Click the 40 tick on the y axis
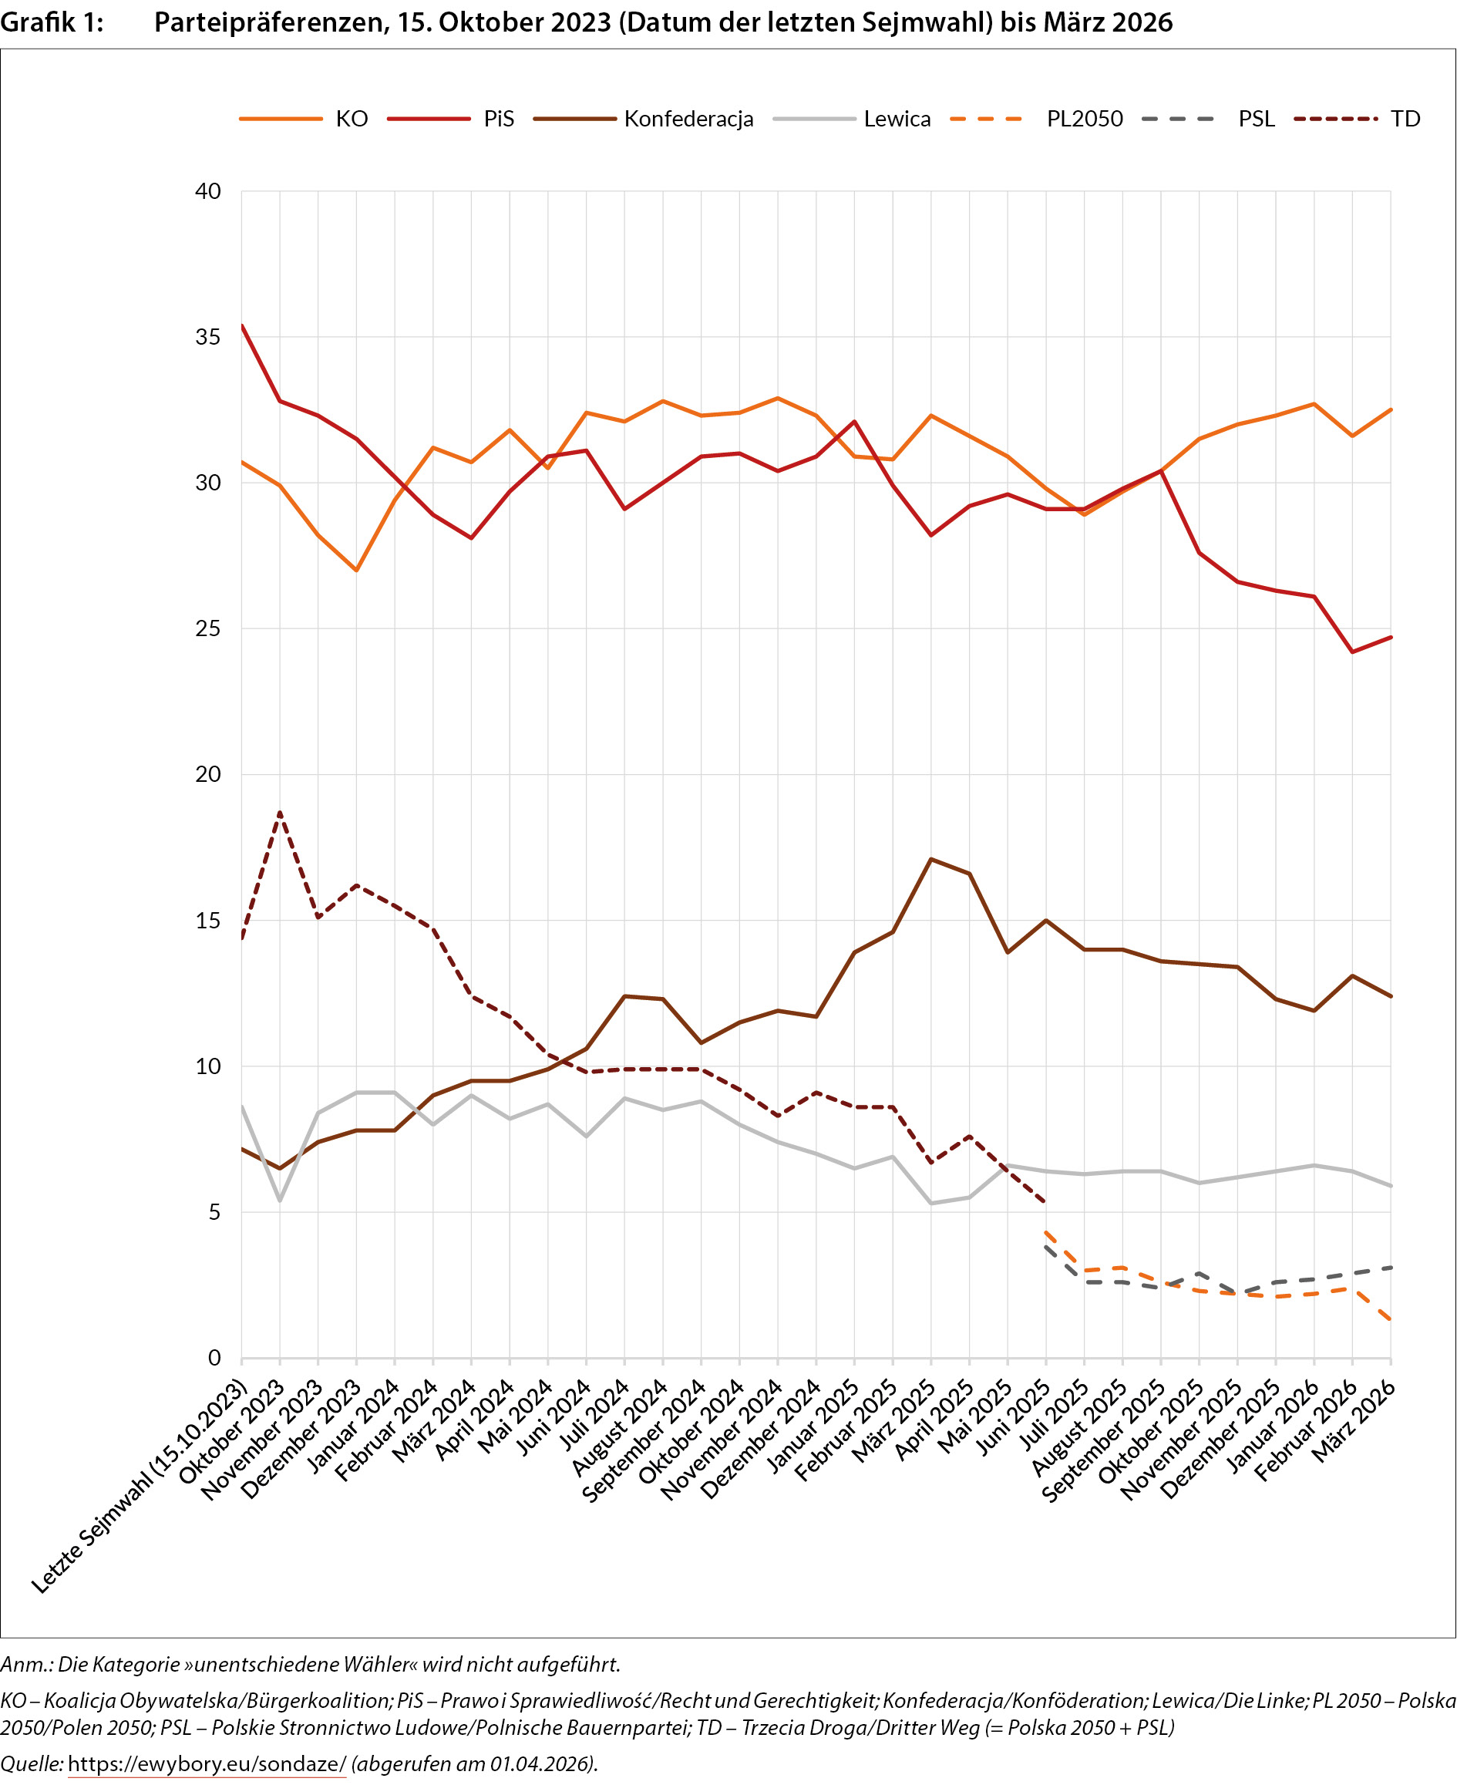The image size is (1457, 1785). pos(208,191)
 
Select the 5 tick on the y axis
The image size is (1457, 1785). pos(215,1212)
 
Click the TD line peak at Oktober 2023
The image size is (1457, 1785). pos(280,812)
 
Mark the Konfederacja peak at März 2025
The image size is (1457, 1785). pos(930,859)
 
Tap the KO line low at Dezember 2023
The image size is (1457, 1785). pos(357,571)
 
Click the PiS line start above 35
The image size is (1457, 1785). pos(242,325)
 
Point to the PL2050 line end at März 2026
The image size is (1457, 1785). pos(1391,1320)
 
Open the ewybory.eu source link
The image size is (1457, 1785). pos(207,1763)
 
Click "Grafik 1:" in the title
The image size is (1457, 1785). pos(52,22)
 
